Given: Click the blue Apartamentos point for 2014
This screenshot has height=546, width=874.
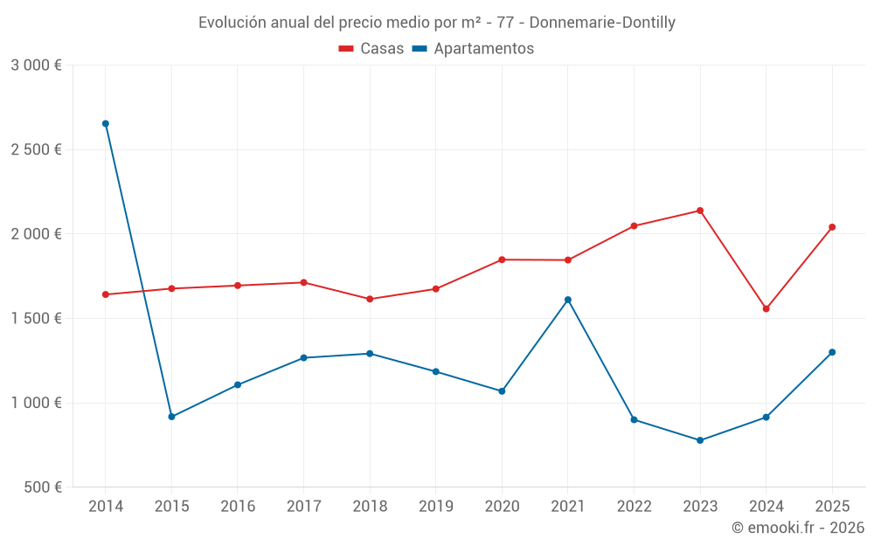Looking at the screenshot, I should click(106, 124).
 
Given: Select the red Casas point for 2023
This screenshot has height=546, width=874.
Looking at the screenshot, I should click(700, 211).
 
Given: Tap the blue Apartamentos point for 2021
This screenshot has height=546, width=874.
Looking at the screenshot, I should click(568, 300).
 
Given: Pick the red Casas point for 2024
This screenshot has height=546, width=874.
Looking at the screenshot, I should click(766, 308).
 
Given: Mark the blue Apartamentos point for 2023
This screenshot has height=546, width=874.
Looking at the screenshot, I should click(700, 440).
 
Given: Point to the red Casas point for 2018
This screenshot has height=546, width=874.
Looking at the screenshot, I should click(370, 299).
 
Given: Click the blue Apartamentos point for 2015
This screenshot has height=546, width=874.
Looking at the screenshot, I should click(171, 417).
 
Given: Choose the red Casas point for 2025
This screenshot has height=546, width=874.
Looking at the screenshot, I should click(832, 227).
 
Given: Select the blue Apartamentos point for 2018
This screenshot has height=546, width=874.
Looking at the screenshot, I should click(370, 354).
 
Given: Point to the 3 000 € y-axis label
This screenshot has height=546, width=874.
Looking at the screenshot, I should click(36, 66).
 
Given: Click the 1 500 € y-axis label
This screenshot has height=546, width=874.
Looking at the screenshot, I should click(36, 319).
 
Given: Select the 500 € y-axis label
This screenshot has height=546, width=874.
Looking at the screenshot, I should click(42, 487).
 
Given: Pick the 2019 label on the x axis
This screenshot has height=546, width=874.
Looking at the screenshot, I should click(436, 506).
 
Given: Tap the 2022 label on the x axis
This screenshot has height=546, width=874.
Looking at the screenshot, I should click(634, 506).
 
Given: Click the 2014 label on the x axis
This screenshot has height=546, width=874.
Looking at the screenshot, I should click(106, 506).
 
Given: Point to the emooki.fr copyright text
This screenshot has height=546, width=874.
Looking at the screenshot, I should click(797, 528).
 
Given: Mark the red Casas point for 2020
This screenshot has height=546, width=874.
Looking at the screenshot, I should click(502, 259).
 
